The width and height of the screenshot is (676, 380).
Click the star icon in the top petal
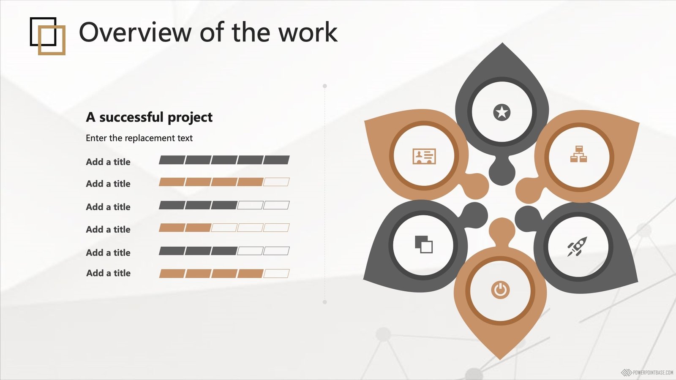pyautogui.click(x=502, y=112)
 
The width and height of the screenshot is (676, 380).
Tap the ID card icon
pyautogui.click(x=424, y=156)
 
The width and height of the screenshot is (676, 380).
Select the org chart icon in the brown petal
pyautogui.click(x=578, y=154)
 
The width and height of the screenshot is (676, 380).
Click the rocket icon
pyautogui.click(x=577, y=247)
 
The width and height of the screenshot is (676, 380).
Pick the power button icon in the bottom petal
pyautogui.click(x=500, y=290)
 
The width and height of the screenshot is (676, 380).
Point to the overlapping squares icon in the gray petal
pyautogui.click(x=424, y=244)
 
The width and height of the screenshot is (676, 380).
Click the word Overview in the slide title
pyautogui.click(x=135, y=32)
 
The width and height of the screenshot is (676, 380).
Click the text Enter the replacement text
pyautogui.click(x=139, y=138)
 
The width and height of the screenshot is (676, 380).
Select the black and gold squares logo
pyautogui.click(x=48, y=36)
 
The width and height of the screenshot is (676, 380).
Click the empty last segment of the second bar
pyautogui.click(x=276, y=182)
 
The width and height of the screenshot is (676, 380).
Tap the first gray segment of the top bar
pyautogui.click(x=172, y=160)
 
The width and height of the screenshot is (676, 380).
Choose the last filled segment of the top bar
pyautogui.click(x=276, y=160)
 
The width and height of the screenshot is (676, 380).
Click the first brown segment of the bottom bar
pyautogui.click(x=172, y=274)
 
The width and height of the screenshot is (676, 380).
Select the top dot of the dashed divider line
pyautogui.click(x=325, y=86)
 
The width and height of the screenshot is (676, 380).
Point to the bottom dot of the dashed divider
pyautogui.click(x=325, y=302)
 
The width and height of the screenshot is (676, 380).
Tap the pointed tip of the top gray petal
pyautogui.click(x=502, y=43)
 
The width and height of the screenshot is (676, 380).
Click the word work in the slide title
pyautogui.click(x=308, y=32)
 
